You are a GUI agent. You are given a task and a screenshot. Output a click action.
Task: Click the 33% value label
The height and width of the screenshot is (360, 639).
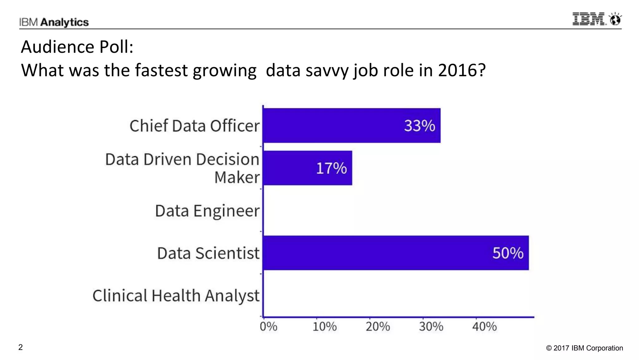click(x=419, y=126)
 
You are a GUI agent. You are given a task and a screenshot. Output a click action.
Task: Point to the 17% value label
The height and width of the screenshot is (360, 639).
click(x=331, y=168)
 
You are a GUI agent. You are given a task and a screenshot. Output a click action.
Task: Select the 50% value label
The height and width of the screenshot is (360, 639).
click(x=508, y=253)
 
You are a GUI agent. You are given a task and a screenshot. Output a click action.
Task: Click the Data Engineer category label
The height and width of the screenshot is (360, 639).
click(x=207, y=211)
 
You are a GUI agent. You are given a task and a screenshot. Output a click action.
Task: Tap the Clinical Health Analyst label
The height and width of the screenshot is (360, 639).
click(x=176, y=295)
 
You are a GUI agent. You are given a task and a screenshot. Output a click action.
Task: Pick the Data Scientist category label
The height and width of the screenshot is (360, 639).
click(x=208, y=253)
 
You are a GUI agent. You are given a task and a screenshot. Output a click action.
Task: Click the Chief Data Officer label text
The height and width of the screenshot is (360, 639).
click(x=194, y=126)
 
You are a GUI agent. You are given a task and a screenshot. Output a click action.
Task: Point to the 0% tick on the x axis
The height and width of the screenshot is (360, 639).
click(x=268, y=327)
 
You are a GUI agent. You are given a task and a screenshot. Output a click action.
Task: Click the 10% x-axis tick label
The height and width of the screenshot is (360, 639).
click(x=324, y=327)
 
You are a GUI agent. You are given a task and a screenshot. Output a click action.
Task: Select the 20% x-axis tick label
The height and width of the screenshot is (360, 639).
click(x=378, y=327)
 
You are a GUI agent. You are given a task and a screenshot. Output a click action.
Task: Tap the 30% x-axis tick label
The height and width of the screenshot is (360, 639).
click(x=431, y=327)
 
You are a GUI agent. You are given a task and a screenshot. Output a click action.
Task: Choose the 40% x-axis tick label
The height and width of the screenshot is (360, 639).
click(x=484, y=327)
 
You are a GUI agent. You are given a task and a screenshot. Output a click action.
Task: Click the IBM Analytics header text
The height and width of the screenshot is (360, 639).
click(x=54, y=22)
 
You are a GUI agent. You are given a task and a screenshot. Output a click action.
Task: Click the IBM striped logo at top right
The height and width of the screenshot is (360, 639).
click(x=589, y=19)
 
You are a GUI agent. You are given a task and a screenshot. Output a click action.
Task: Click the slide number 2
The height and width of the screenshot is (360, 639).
click(x=21, y=347)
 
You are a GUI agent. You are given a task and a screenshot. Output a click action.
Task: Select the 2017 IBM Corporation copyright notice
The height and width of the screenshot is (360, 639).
click(x=584, y=348)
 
